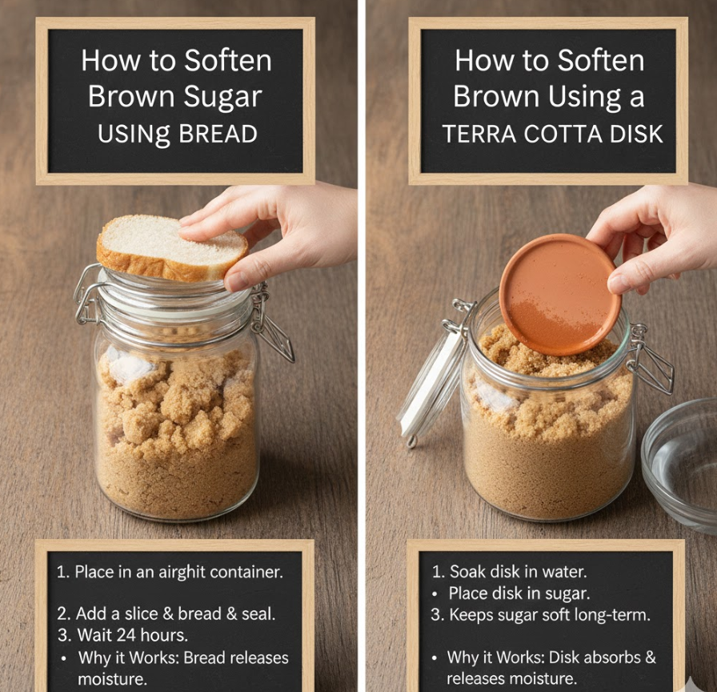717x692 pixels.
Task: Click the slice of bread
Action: [x=170, y=248]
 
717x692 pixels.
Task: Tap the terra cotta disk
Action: [x=559, y=294]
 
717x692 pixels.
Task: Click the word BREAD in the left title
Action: [x=218, y=134]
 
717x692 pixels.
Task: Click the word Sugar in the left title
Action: [x=222, y=98]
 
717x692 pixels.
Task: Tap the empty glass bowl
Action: [x=681, y=465]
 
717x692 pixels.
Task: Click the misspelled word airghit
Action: [x=181, y=572]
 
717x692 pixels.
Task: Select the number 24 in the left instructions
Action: [x=126, y=635]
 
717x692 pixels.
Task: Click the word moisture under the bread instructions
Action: [x=111, y=678]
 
